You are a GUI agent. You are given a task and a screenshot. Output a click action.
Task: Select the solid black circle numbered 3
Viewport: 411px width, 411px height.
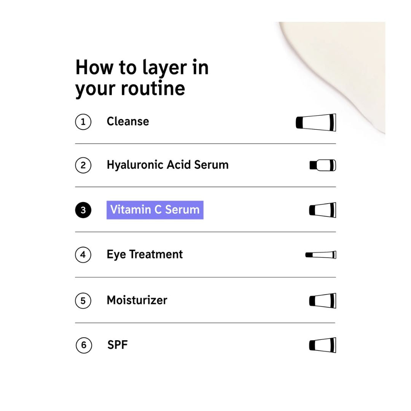[x=83, y=210]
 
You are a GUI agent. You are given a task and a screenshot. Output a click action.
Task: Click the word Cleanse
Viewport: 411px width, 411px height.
[x=128, y=121]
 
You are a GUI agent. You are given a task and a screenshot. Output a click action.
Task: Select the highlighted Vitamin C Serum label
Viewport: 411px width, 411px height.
[x=155, y=210]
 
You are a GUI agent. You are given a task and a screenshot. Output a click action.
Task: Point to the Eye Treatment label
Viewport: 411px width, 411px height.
[x=145, y=255]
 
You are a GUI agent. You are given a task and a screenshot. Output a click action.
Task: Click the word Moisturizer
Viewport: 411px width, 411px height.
[x=137, y=300]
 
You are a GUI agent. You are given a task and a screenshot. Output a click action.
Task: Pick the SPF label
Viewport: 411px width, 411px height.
[x=118, y=345]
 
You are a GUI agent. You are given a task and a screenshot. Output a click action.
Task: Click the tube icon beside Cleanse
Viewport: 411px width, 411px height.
[x=316, y=123]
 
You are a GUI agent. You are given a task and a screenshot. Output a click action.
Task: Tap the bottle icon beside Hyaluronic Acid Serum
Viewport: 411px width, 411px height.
[x=323, y=165]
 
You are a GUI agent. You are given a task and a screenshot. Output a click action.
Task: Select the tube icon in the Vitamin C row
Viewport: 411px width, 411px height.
[x=323, y=210]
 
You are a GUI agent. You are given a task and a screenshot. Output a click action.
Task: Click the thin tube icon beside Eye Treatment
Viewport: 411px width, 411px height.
[x=321, y=255]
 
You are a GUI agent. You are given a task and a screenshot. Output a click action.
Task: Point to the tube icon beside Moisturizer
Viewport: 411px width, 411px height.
[x=323, y=301]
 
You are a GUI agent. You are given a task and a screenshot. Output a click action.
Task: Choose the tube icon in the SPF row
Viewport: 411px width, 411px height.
[x=323, y=345]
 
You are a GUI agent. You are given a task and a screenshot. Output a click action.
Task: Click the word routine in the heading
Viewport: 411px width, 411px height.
[x=153, y=88]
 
